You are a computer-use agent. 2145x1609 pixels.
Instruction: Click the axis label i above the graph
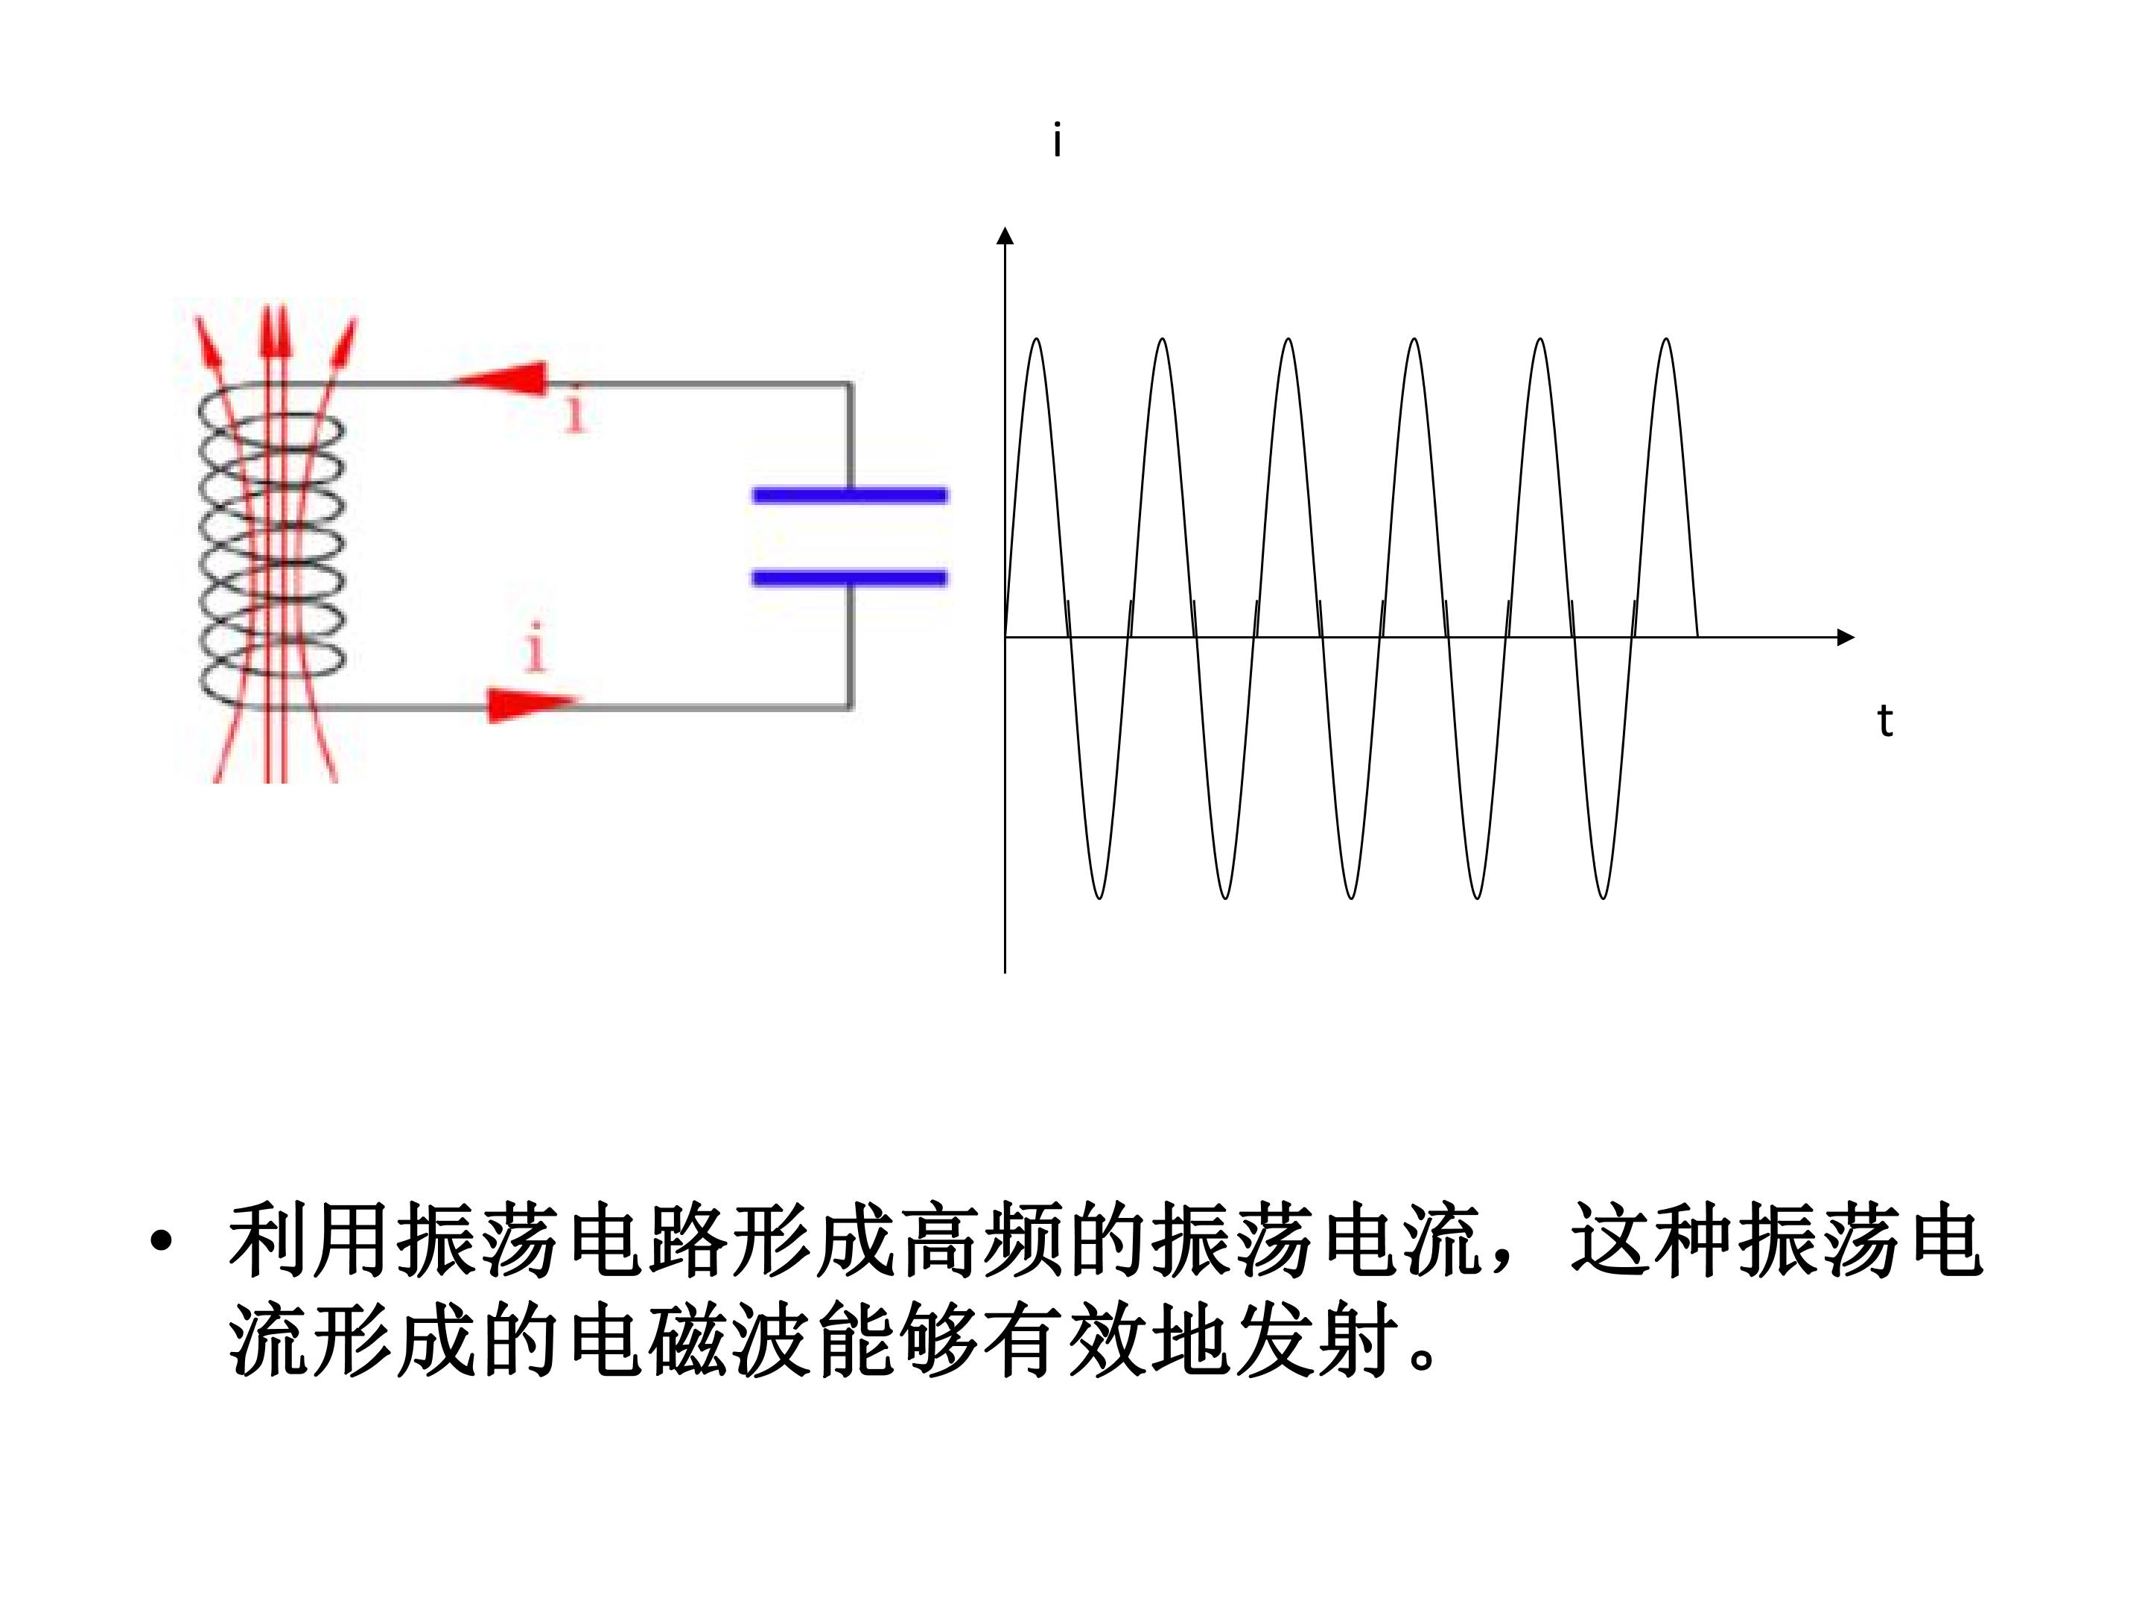tap(1057, 142)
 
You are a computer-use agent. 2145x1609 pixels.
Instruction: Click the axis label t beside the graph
tap(1885, 720)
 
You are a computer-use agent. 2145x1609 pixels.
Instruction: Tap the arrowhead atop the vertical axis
tap(1005, 235)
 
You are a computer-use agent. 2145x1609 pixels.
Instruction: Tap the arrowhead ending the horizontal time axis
tap(1846, 637)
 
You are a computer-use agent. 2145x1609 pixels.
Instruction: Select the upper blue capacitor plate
tap(850, 495)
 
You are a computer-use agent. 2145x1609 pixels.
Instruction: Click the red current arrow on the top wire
tap(502, 378)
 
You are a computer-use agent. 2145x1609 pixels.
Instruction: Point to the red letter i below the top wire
tap(576, 411)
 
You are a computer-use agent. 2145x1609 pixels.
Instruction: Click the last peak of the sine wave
tap(1666, 340)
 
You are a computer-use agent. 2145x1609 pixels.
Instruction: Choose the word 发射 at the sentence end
tap(1319, 1342)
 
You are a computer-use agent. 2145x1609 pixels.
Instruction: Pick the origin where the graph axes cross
tap(1005, 637)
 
